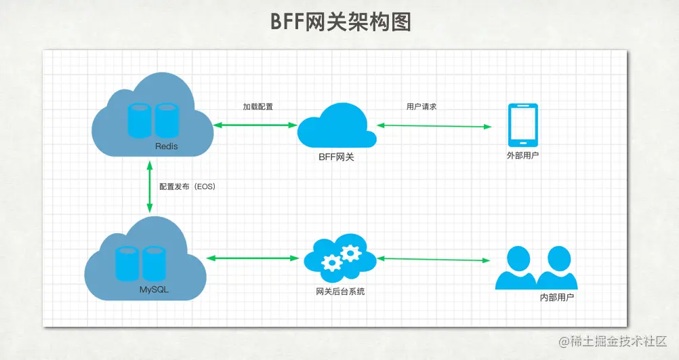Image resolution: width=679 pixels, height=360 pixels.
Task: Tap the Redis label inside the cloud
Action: pos(166,146)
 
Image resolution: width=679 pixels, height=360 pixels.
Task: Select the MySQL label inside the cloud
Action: pos(155,289)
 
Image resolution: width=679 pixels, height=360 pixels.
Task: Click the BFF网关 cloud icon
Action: pos(337,126)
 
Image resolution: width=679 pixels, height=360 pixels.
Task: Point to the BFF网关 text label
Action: pos(337,157)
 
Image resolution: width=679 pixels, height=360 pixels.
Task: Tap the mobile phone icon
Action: pos(523,125)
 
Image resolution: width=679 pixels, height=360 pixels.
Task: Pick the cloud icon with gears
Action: pos(339,258)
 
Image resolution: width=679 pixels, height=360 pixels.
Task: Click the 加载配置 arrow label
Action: pos(258,107)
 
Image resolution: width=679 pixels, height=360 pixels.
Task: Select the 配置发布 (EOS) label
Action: pos(187,186)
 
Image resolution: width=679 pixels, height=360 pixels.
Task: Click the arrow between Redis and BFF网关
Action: pos(255,125)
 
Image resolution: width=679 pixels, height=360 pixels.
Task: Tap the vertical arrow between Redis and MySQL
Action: pos(148,186)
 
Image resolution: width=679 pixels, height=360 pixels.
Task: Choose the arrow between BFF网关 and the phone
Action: pos(434,125)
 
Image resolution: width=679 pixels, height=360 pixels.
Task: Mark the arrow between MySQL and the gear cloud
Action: pos(253,258)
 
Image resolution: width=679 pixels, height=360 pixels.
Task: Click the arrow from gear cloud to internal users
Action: pos(434,259)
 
